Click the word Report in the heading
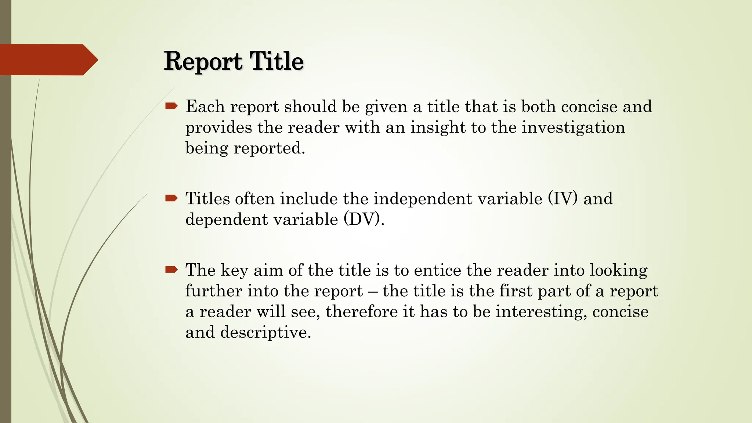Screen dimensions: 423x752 click(203, 61)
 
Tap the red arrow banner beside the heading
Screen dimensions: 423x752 click(48, 59)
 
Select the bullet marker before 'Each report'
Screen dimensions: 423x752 click(171, 106)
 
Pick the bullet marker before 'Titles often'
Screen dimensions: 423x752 click(171, 199)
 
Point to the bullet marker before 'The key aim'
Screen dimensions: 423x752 click(171, 270)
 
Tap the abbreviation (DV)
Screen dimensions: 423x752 click(361, 220)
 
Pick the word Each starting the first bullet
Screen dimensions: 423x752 click(205, 106)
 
